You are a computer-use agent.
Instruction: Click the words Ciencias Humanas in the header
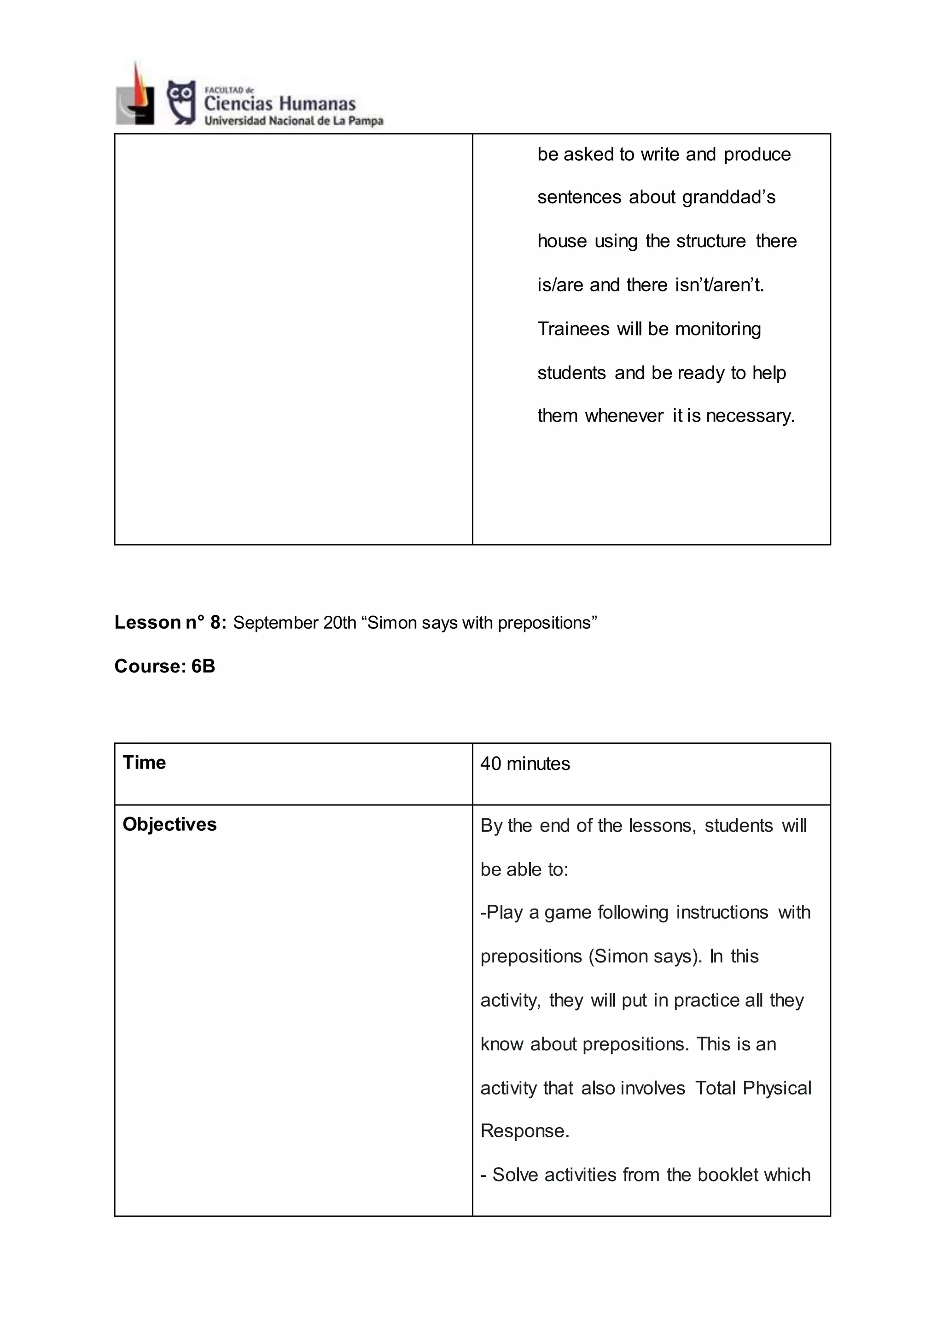[x=279, y=104]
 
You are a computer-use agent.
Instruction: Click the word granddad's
[x=729, y=197]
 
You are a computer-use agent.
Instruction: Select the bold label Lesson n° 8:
[x=170, y=622]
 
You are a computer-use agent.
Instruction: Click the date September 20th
[x=294, y=623]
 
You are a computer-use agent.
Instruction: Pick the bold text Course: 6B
[x=165, y=666]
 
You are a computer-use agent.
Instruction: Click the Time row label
[x=144, y=763]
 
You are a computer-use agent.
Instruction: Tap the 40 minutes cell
[x=525, y=764]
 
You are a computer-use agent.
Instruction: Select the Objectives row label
[x=169, y=824]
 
